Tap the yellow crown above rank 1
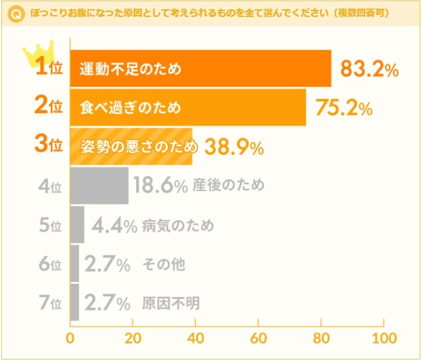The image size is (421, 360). point(37,53)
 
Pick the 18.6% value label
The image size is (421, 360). point(160,186)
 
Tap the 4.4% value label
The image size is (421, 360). point(114,225)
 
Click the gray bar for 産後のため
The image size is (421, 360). point(99,186)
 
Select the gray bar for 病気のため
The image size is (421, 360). point(77,225)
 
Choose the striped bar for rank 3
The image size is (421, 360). point(131,147)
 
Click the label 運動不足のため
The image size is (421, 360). point(131,69)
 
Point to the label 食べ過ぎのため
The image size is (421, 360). point(131,108)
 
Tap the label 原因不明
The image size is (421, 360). point(171,303)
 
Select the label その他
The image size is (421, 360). point(164,264)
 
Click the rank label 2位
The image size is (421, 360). point(48,107)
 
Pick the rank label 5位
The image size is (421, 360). point(50,225)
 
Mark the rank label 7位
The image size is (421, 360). point(50,303)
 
